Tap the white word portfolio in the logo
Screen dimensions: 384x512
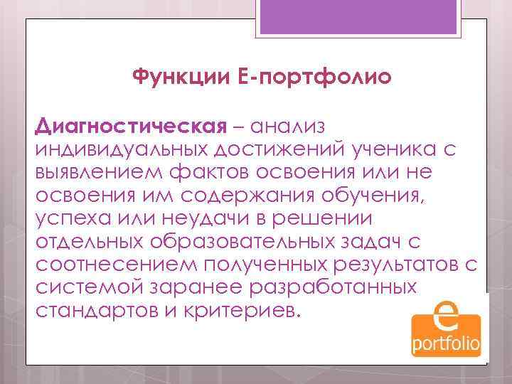tap(446, 344)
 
